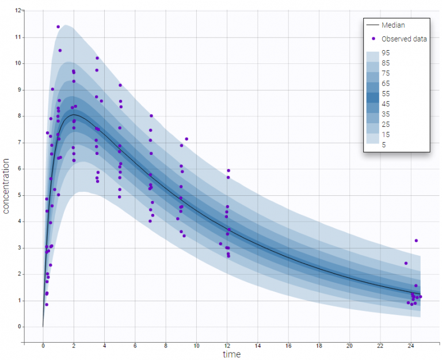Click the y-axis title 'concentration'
point(6,187)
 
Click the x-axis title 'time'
point(232,354)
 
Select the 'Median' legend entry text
point(394,25)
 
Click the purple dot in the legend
point(374,39)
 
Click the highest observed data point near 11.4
point(58,26)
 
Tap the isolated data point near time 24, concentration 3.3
point(416,241)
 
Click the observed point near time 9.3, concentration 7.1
point(186,139)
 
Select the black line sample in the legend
point(373,25)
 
